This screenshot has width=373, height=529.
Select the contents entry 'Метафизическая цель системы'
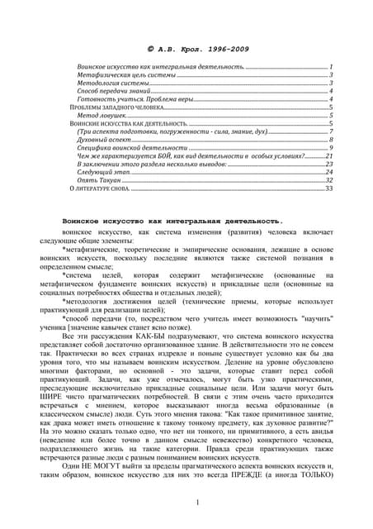point(125,74)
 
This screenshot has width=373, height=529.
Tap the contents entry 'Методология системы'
point(114,82)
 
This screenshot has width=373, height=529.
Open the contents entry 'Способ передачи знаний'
point(118,90)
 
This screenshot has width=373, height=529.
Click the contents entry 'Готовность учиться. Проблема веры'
point(135,98)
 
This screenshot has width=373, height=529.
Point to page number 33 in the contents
point(328,188)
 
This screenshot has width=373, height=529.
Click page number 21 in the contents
point(328,155)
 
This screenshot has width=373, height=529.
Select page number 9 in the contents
point(330,147)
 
